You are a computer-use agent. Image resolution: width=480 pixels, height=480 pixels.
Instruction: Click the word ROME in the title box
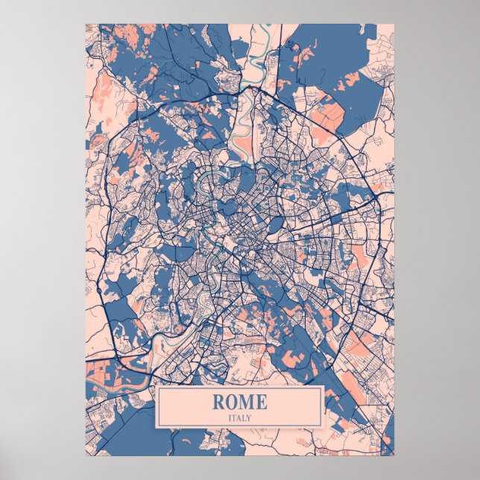point(239,401)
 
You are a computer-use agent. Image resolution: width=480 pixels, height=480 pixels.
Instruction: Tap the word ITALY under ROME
point(240,417)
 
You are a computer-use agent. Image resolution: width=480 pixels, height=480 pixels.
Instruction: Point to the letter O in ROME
point(232,401)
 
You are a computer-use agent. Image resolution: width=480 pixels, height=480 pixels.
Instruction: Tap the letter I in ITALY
point(230,417)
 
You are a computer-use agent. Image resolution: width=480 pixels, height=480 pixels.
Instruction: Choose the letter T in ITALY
point(234,417)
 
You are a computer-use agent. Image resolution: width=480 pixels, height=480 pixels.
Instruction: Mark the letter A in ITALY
point(239,417)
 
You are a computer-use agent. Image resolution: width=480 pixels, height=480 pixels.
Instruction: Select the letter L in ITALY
point(244,417)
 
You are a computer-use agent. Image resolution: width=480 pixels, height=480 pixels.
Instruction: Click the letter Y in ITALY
point(250,417)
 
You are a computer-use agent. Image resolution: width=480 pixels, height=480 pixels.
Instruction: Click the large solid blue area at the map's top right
point(328,52)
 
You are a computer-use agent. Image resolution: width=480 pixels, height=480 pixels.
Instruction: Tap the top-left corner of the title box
point(157,386)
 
